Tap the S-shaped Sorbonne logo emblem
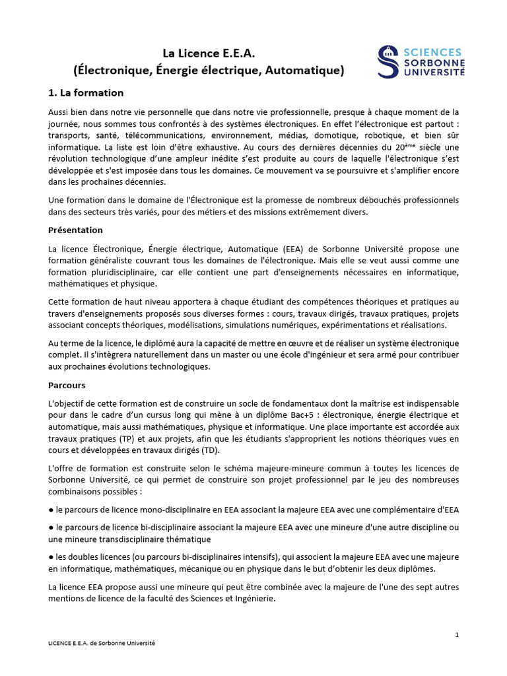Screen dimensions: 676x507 click(x=388, y=61)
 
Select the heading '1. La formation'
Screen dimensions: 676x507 click(x=86, y=92)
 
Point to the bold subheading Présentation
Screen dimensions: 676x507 click(x=76, y=230)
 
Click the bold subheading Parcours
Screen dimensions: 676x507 click(x=67, y=385)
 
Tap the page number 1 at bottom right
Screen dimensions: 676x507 click(x=457, y=634)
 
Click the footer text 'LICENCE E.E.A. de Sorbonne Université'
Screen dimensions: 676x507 click(x=102, y=642)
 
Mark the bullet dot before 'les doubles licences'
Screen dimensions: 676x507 click(x=51, y=557)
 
